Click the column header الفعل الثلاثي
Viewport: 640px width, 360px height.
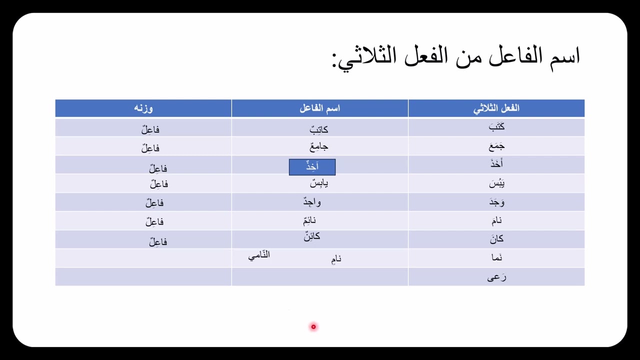[x=496, y=108]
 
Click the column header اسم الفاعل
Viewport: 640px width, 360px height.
[x=319, y=108]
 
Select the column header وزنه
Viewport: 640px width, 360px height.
[x=143, y=108]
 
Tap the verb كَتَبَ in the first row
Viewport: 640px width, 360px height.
[x=496, y=127]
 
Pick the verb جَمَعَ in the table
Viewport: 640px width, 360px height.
[x=496, y=146]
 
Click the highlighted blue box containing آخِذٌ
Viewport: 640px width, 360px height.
[x=312, y=167]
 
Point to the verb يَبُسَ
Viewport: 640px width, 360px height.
[x=496, y=184]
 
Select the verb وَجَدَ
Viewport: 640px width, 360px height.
[x=496, y=202]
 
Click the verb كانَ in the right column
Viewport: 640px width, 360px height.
[x=496, y=239]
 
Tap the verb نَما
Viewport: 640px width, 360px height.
[x=496, y=258]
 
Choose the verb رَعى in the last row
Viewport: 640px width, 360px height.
[x=496, y=277]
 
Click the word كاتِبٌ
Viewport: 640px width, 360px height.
[x=319, y=129]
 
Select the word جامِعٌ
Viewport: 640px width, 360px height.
[x=319, y=147]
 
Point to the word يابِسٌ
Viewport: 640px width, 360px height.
[x=319, y=183]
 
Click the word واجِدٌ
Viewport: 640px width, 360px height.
[x=312, y=202]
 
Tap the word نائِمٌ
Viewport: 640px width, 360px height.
[x=309, y=221]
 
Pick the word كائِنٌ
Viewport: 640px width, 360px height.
[x=311, y=236]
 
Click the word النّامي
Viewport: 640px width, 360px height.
[x=259, y=255]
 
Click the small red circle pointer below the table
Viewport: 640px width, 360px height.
[x=313, y=326]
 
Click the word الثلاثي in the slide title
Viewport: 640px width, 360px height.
[x=365, y=57]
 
